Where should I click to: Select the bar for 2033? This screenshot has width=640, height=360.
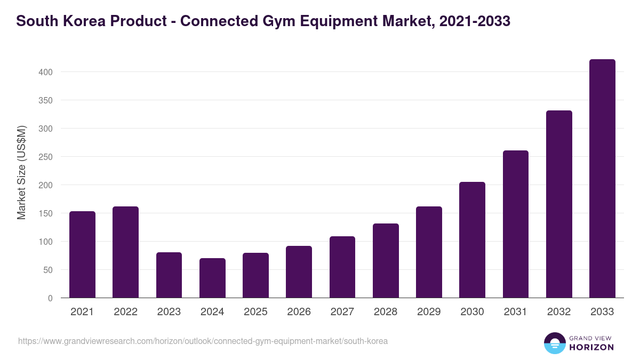[602, 179]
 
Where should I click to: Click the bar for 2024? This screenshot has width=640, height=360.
[212, 278]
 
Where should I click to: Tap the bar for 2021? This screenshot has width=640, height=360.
[82, 254]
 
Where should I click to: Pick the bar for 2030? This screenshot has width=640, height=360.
[472, 240]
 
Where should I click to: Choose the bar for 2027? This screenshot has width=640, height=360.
[342, 267]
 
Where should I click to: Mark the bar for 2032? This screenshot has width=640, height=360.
[559, 204]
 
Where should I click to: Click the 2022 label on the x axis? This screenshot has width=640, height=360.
[125, 312]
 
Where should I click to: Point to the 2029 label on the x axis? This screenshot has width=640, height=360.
[429, 312]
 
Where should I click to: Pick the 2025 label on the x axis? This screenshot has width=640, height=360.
[255, 312]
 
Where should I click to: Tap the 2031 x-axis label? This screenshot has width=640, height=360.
[516, 312]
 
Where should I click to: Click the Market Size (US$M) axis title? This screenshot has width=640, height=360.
[21, 172]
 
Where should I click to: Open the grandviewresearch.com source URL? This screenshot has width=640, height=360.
[203, 341]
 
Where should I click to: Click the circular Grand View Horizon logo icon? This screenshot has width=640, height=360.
[554, 343]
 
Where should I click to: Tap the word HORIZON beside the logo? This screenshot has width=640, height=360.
[591, 347]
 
